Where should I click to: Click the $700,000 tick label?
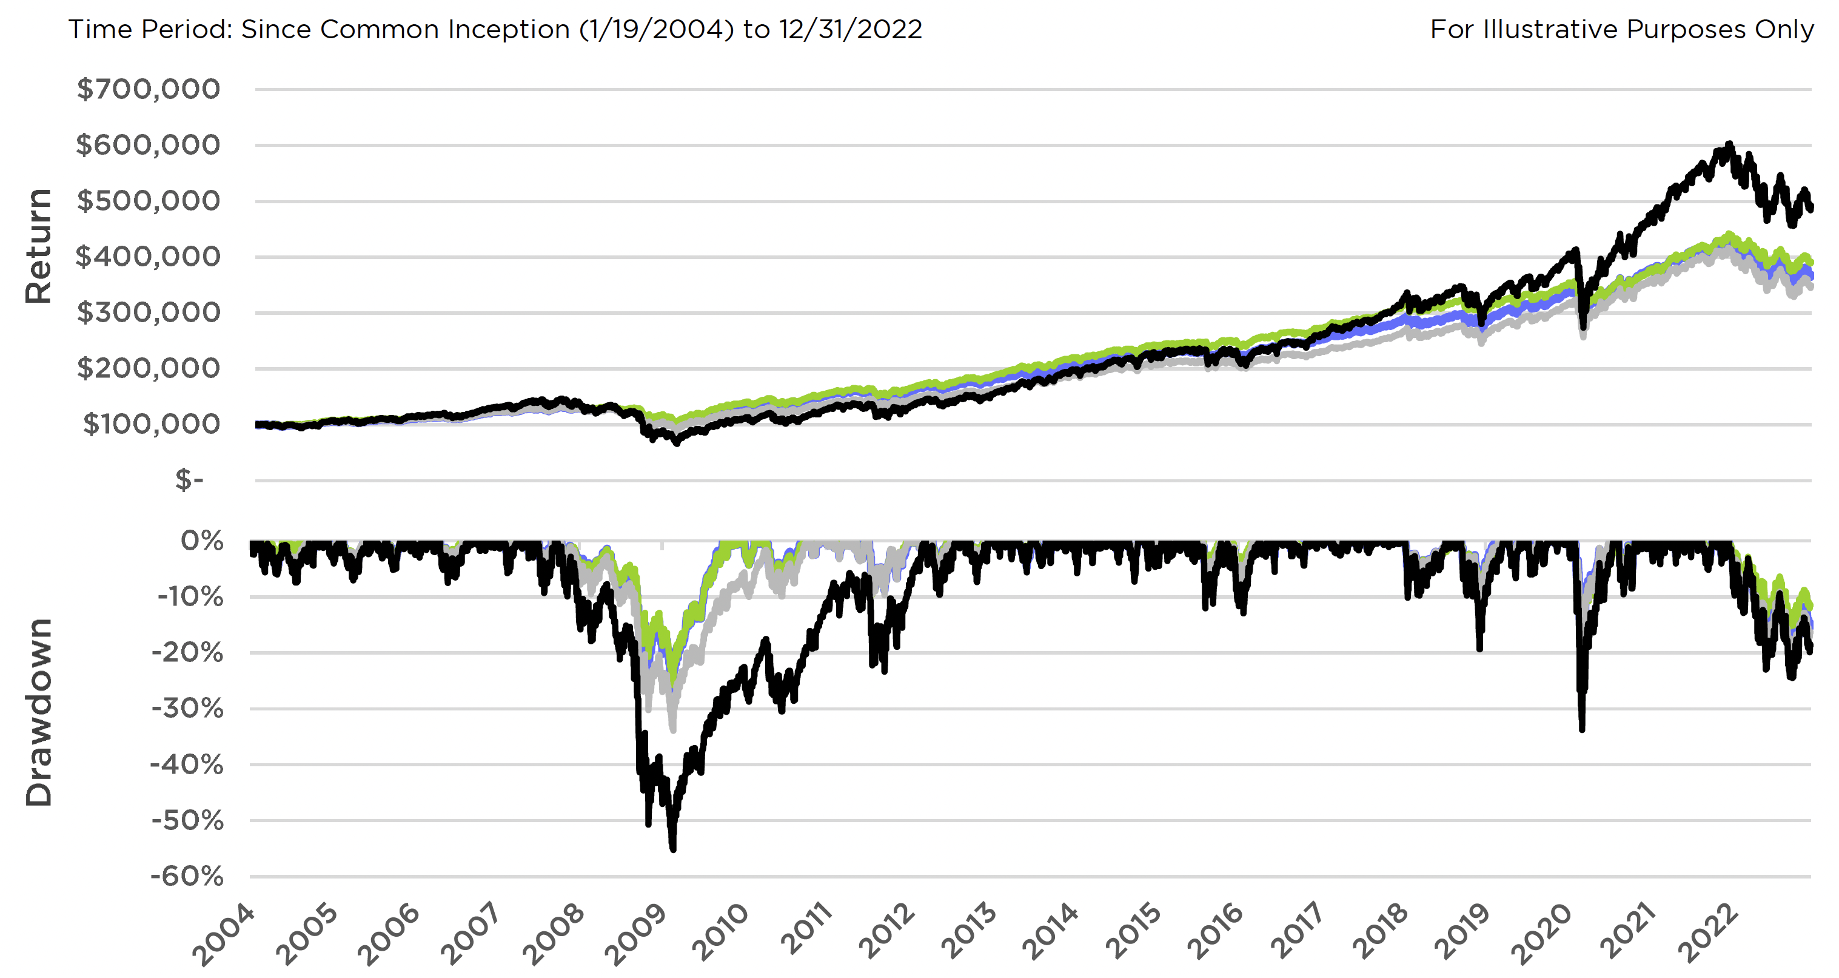pos(148,89)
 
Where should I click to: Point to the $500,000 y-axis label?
pos(148,201)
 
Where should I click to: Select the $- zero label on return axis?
pos(189,479)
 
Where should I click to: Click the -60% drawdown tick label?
pos(187,876)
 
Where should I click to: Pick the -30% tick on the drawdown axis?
pos(187,709)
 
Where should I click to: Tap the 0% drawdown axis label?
pos(202,541)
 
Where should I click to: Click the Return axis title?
pos(39,246)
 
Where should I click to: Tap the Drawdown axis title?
pos(39,712)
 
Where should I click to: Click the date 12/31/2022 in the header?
pos(850,29)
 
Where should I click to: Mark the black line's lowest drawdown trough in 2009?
pos(672,849)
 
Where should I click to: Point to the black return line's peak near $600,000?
pos(1729,144)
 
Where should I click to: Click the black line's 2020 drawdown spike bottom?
pos(1582,729)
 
